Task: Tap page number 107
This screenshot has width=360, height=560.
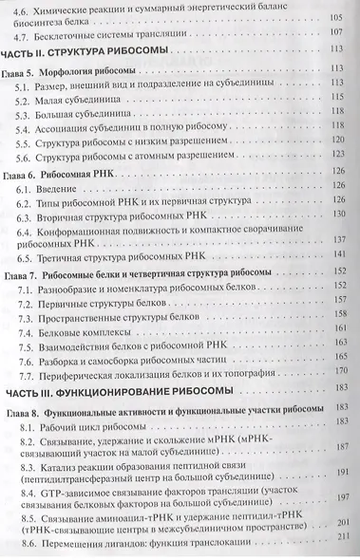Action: (x=334, y=33)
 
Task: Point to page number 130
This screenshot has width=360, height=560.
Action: (x=334, y=215)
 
